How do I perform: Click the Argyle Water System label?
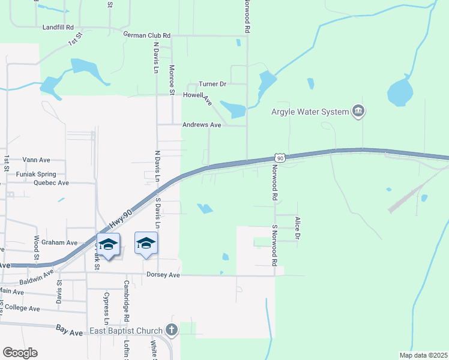point(310,112)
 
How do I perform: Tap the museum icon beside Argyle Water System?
point(359,111)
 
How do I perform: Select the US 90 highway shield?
point(280,157)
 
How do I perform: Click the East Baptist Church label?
point(126,331)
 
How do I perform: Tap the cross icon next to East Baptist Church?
point(172,330)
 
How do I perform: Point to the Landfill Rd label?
point(58,28)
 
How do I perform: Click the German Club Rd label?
point(147,35)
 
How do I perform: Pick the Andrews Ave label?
point(202,125)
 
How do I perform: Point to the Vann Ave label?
point(36,160)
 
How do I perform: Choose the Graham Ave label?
point(64,242)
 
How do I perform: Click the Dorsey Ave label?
point(163,275)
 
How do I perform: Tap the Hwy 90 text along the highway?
point(120,222)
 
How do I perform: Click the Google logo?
point(20,353)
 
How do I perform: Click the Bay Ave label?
point(69,331)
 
